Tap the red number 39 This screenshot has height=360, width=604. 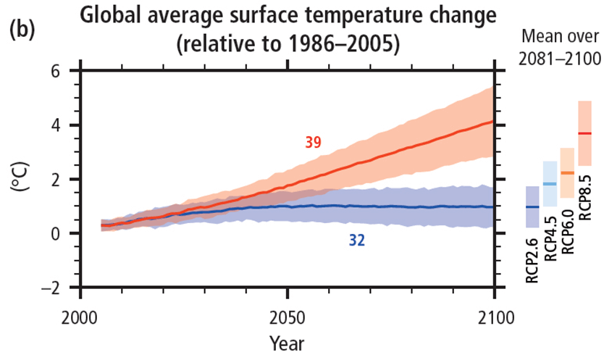tap(313, 143)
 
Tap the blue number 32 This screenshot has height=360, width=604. tap(356, 240)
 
